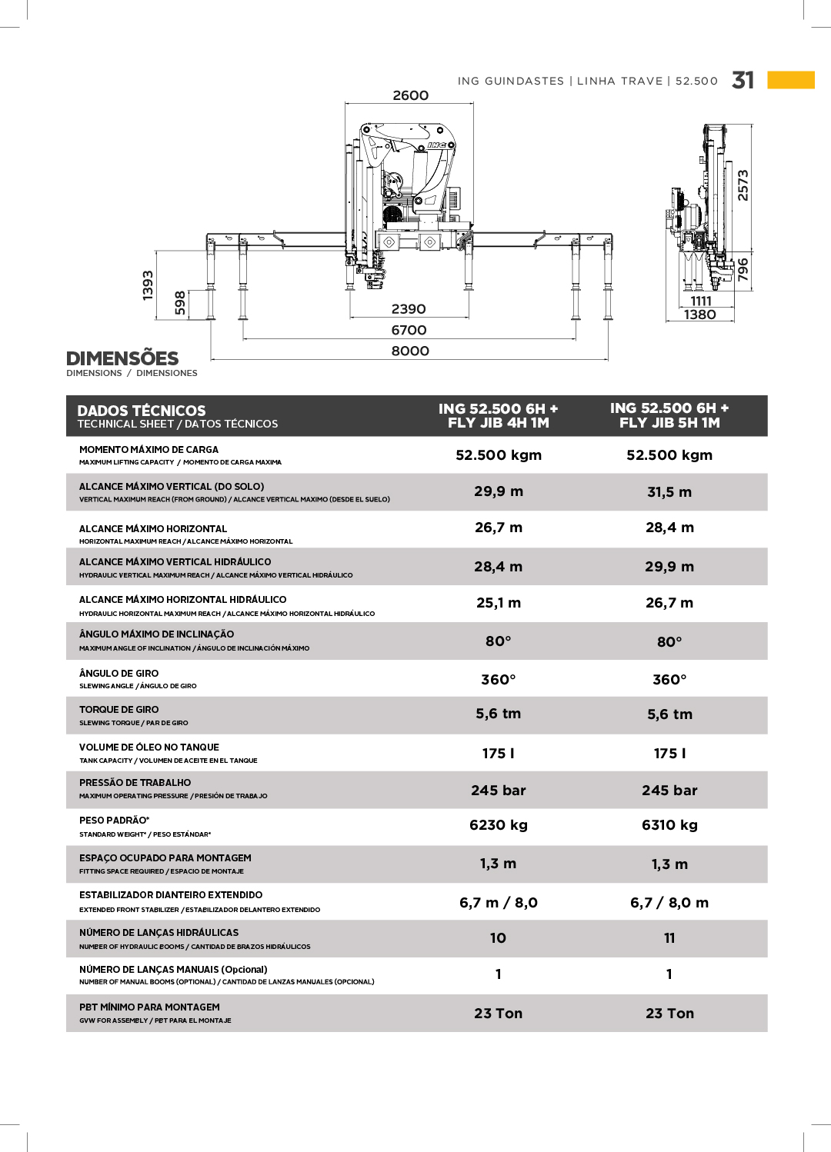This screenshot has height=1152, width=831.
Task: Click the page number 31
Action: (x=743, y=80)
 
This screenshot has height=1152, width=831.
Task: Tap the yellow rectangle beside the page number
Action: (x=791, y=80)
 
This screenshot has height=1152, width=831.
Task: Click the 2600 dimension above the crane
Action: (x=410, y=95)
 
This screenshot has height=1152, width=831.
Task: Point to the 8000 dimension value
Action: (x=410, y=351)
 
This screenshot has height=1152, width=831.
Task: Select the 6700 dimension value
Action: (x=409, y=330)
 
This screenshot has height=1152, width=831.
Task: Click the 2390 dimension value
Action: (x=409, y=309)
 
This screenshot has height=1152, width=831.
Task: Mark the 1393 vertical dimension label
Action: (x=148, y=285)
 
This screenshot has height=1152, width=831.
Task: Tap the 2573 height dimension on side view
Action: (x=743, y=185)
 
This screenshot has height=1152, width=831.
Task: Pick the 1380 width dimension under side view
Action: (x=699, y=315)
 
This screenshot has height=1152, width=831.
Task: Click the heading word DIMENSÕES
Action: (x=122, y=358)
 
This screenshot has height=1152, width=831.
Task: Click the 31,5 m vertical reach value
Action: (x=669, y=492)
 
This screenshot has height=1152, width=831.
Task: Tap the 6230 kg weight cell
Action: (x=499, y=825)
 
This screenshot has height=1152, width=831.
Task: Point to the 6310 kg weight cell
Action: (x=669, y=825)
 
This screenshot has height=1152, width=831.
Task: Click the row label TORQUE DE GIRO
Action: (x=119, y=710)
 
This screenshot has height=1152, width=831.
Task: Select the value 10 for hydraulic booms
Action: (x=499, y=938)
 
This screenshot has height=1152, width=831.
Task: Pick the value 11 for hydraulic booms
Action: (x=669, y=938)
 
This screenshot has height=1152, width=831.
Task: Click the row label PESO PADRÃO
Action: (x=114, y=821)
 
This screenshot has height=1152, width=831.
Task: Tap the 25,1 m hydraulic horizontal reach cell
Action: (x=499, y=603)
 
